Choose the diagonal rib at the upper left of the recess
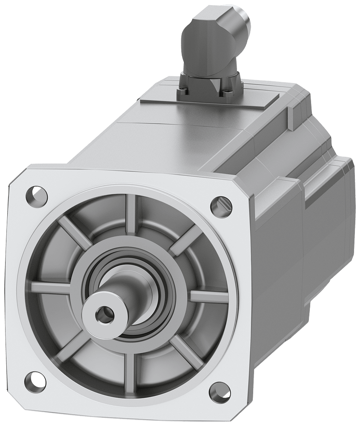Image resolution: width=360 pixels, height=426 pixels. (x=75, y=232)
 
